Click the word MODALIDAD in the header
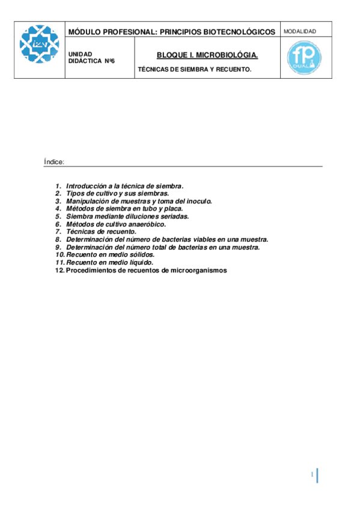(299, 31)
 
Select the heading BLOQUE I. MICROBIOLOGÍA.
(207, 55)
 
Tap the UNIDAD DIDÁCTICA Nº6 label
(91, 57)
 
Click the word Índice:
(54, 162)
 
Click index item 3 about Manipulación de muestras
(138, 201)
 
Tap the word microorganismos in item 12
(197, 270)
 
